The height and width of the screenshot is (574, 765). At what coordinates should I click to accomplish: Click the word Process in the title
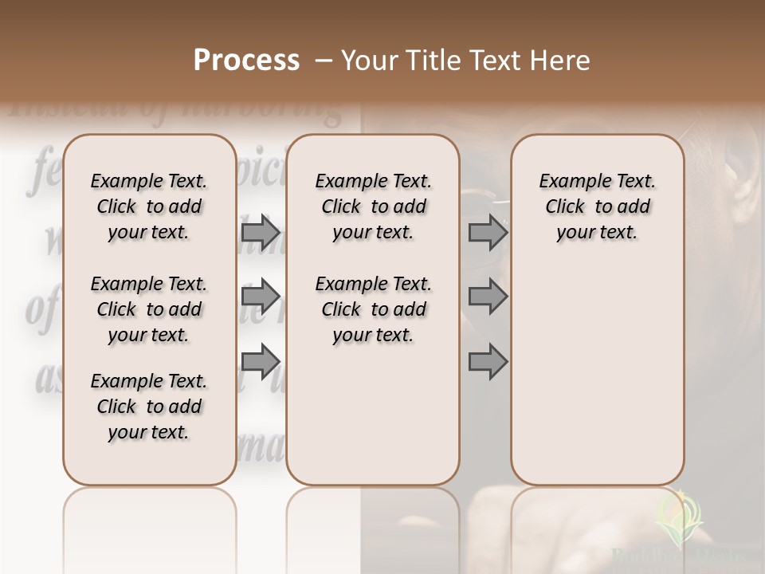coord(246,61)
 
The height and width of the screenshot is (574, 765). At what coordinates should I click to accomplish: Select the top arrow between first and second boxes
coord(260,233)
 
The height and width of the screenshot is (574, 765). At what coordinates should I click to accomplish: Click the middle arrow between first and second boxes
coord(260,297)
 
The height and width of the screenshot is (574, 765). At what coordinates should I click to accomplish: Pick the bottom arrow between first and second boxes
coord(260,362)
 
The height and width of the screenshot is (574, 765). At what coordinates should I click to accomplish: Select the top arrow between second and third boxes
coord(488,233)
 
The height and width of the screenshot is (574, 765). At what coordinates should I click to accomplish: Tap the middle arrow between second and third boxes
coord(488,297)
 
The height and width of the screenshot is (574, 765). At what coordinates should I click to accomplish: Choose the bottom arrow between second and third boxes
coord(488,362)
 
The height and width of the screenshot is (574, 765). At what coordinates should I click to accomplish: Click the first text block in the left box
coord(149,206)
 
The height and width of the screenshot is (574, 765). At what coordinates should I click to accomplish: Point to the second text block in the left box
coord(149,309)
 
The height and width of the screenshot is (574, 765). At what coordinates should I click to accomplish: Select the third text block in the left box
coord(149,407)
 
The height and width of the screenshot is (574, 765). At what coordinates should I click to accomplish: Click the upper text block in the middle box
coord(373,206)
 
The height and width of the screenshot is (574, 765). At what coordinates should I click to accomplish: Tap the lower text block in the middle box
coord(373,309)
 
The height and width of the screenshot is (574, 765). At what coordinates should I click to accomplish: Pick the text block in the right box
coord(597,206)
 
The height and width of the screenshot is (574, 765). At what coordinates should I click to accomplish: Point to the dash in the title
coord(324,61)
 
